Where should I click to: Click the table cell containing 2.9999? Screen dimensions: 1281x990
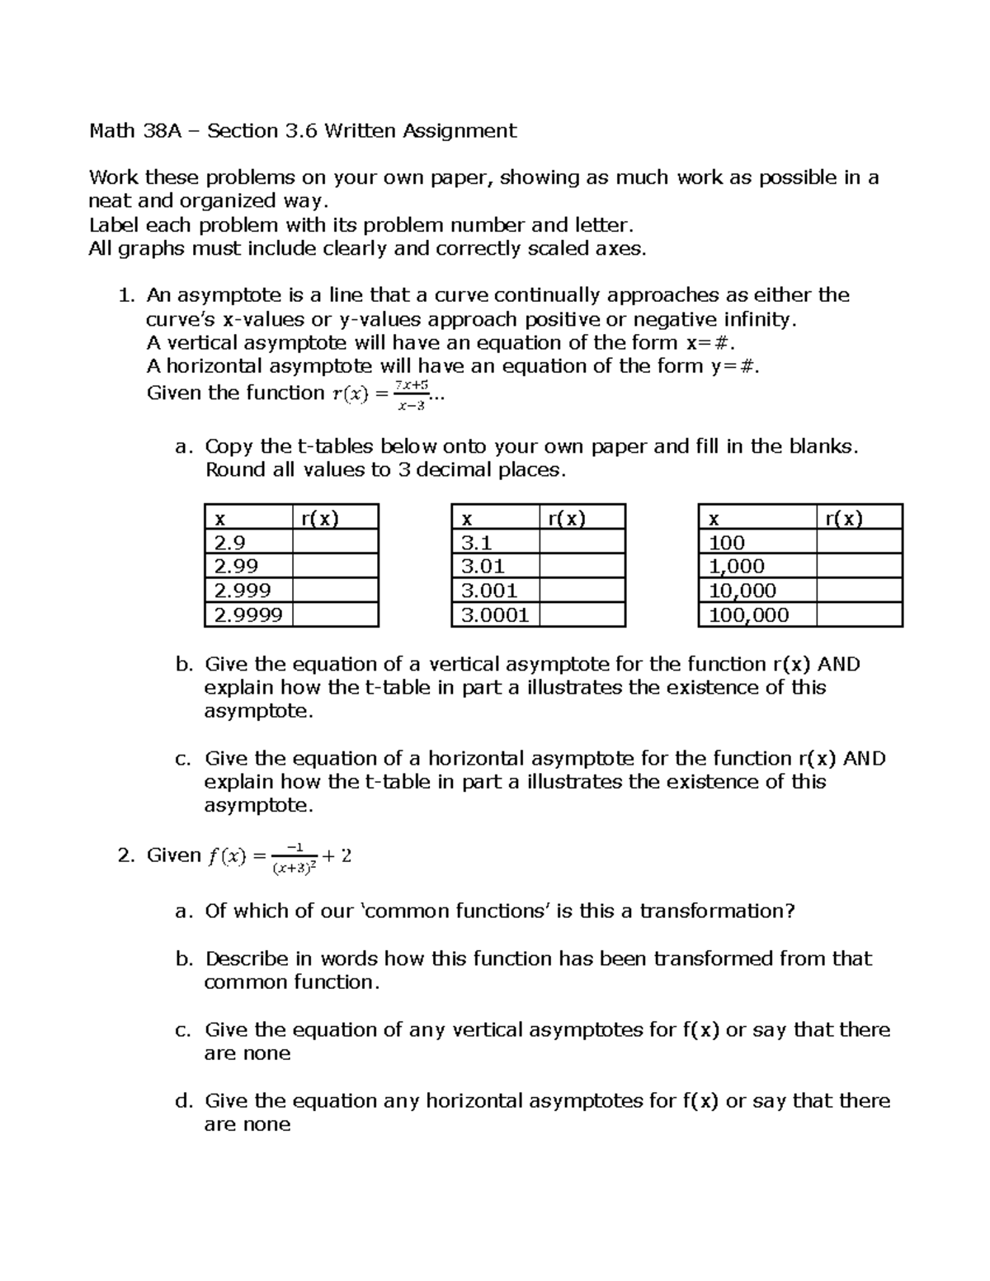click(x=247, y=615)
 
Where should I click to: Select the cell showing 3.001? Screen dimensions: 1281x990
click(x=495, y=590)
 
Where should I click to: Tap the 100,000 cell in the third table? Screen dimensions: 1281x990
click(x=757, y=615)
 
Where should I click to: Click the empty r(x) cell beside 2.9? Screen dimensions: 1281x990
click(x=335, y=542)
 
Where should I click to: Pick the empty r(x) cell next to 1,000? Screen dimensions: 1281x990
click(x=859, y=566)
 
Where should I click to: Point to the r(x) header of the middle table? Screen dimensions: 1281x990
click(x=582, y=518)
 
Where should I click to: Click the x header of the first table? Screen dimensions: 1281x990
click(x=247, y=518)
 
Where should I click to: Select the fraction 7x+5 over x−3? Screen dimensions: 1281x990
click(x=410, y=394)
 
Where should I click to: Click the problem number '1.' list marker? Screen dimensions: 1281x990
click(x=125, y=295)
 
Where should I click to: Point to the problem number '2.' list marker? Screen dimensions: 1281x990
click(x=125, y=855)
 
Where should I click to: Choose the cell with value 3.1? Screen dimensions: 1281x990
click(x=495, y=542)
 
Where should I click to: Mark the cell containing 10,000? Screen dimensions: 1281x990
click(x=757, y=590)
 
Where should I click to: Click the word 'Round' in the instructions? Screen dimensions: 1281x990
click(x=233, y=470)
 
